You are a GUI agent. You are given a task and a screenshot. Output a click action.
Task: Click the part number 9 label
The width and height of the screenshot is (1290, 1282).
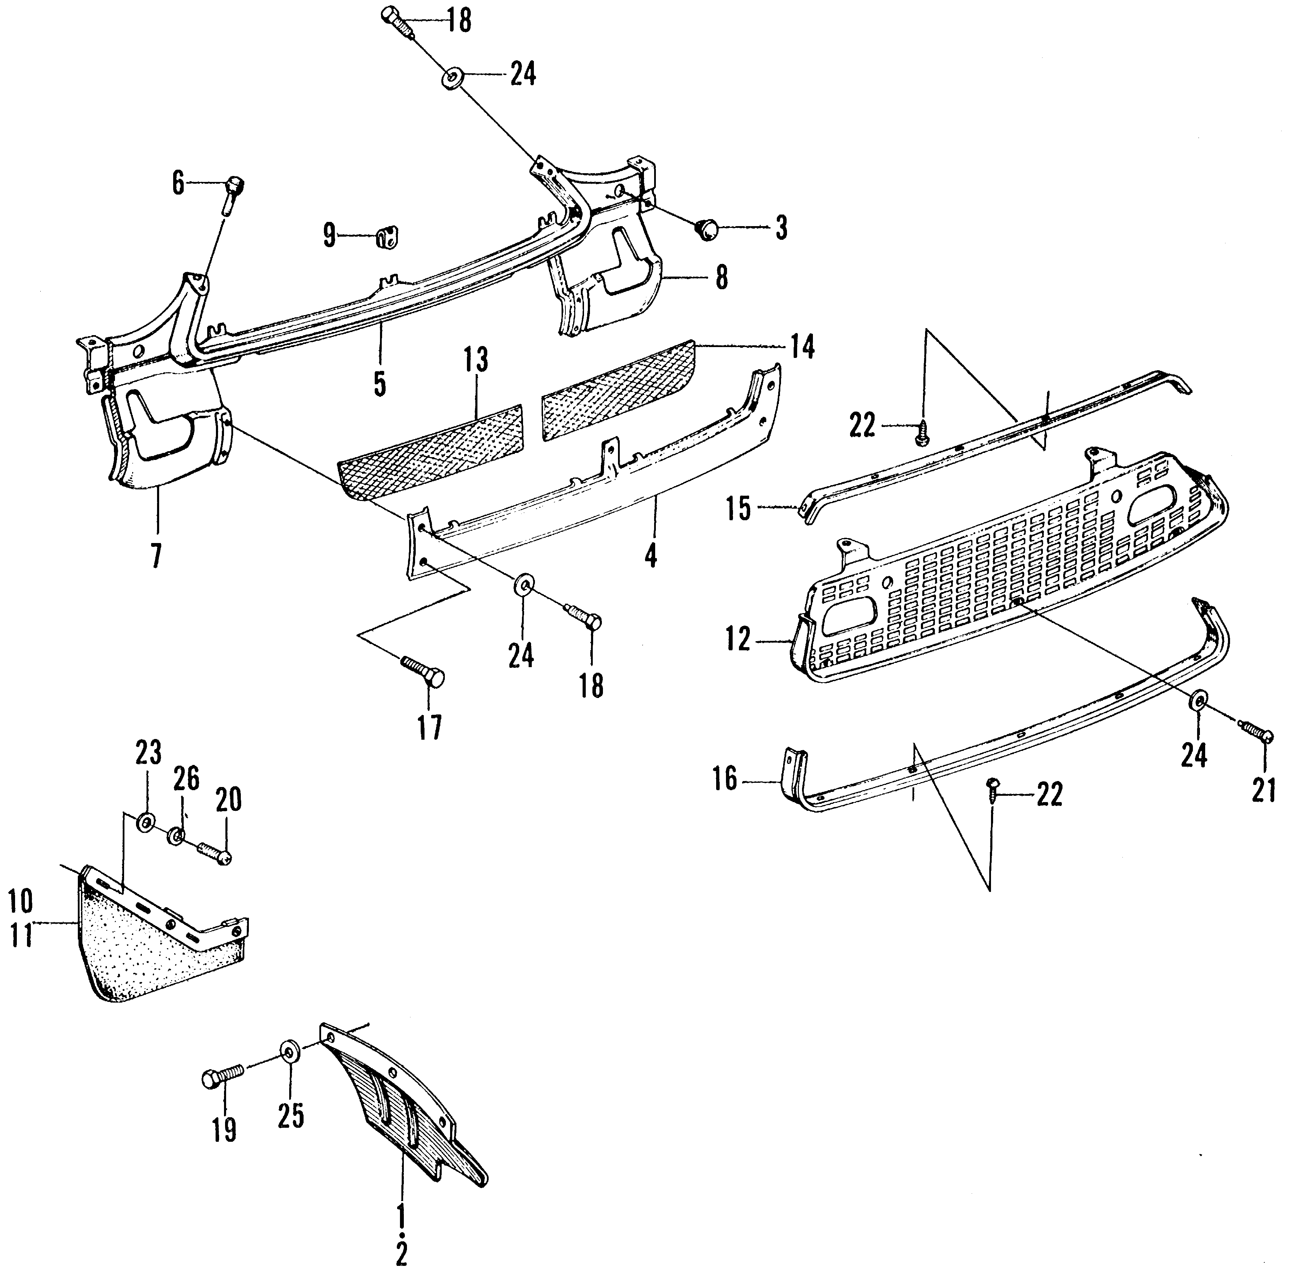point(329,235)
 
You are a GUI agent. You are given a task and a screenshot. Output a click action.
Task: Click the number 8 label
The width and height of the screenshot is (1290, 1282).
point(722,278)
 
